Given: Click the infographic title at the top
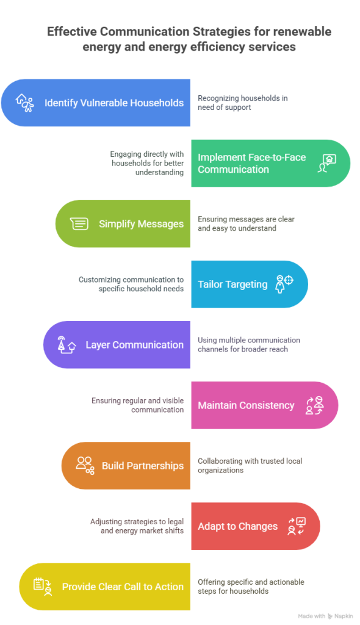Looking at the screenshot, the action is click(x=189, y=39).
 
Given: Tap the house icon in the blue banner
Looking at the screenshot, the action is click(x=25, y=103).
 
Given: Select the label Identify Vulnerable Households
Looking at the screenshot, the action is click(x=114, y=103).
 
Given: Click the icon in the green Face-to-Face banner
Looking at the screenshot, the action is click(x=327, y=164).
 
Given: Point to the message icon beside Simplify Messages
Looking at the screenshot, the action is click(x=79, y=223).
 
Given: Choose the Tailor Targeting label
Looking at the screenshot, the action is click(x=233, y=284).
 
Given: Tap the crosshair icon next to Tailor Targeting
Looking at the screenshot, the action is click(x=284, y=284).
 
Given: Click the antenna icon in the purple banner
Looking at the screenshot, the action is click(x=67, y=345).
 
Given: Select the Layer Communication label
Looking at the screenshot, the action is click(x=135, y=345).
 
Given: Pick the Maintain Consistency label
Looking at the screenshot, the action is click(x=246, y=405).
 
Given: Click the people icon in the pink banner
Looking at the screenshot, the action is click(x=315, y=405).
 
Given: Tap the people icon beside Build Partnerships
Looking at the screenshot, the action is click(x=85, y=466).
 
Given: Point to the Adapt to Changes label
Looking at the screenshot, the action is click(x=237, y=526).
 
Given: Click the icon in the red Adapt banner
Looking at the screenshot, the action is click(x=297, y=526).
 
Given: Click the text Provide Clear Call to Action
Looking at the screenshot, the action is click(x=123, y=587).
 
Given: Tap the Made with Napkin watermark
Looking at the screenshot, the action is click(x=325, y=616).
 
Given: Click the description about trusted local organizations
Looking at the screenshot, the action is click(x=250, y=466).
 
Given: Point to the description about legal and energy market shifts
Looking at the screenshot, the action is click(x=137, y=526).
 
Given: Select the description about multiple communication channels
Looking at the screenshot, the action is click(x=249, y=345).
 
